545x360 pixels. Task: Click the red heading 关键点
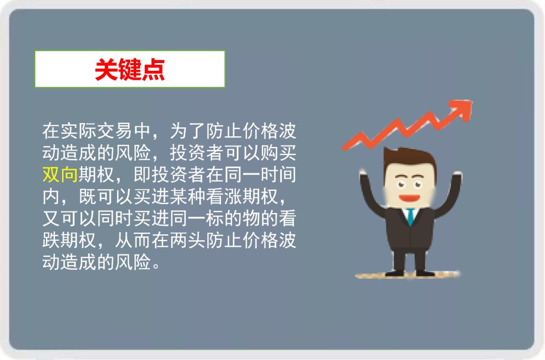[130, 69]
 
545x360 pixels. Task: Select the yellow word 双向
[60, 174]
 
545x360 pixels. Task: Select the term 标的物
[233, 218]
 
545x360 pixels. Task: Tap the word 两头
[188, 240]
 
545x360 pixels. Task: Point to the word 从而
[133, 240]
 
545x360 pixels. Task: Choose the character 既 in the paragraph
[88, 196]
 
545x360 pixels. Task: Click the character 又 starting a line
[51, 218]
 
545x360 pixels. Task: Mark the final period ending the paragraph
[157, 266]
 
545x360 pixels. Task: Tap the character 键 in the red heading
[130, 69]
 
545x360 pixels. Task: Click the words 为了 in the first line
[188, 131]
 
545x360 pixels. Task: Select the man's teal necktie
[411, 216]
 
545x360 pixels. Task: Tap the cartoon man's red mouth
[409, 198]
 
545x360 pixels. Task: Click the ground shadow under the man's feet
[407, 275]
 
